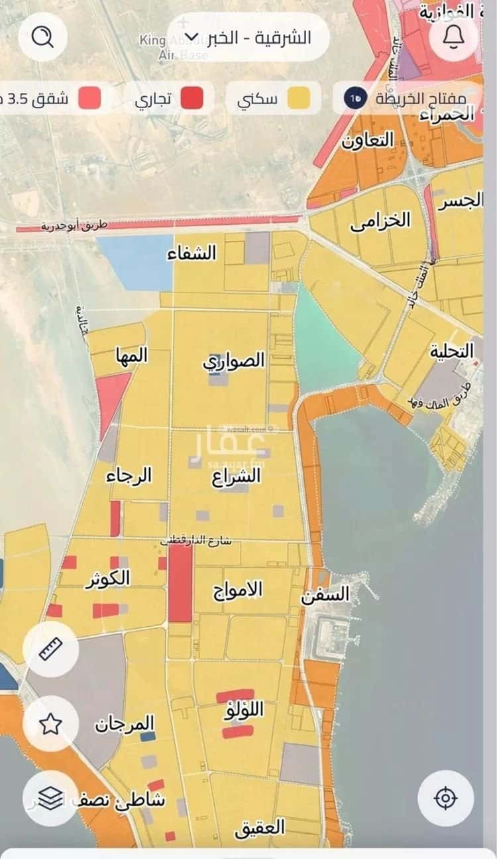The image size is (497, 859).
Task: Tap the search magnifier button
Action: pos(43,37)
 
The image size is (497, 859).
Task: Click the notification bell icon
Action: pos(454,37)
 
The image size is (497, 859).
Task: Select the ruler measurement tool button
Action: pos(51,648)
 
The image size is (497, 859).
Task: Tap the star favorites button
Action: pos(51,724)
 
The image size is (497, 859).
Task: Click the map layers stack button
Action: pos(51,799)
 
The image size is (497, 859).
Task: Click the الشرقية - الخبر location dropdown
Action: pos(248,37)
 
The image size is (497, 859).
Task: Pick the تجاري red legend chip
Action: pos(171,99)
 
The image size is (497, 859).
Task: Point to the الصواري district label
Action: pos(234,361)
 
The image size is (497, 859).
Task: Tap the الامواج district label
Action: pos(238,590)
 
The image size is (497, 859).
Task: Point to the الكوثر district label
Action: pos(107,578)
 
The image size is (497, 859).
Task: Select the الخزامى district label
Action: pos(380,222)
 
